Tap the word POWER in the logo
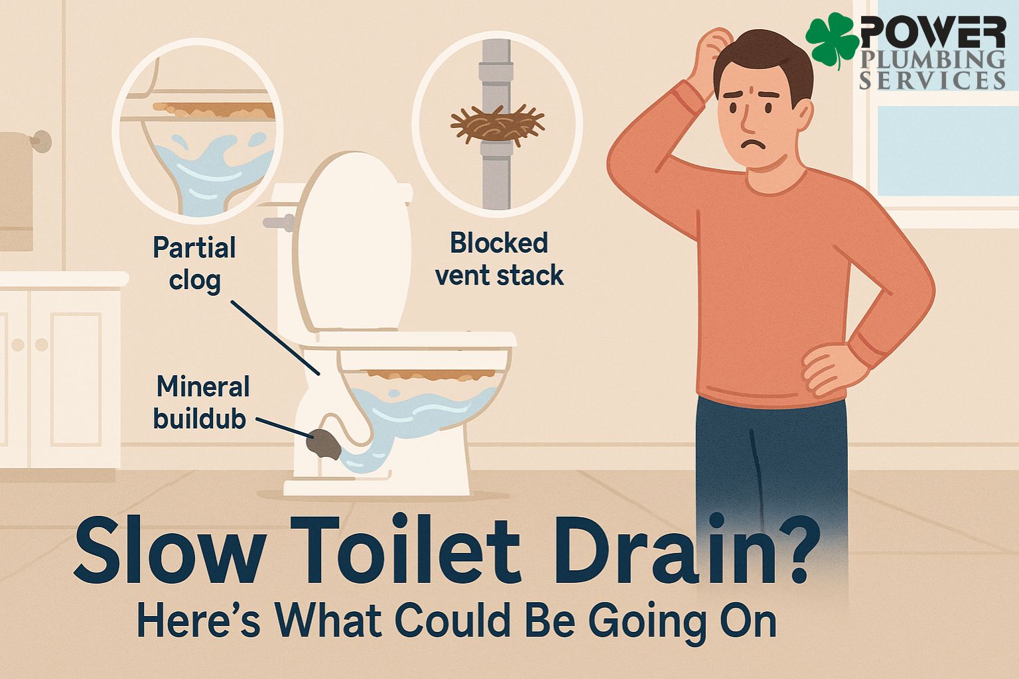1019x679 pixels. (933, 32)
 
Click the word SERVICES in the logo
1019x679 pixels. (932, 80)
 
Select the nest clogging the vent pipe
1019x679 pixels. (497, 123)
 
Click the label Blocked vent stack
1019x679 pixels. (499, 259)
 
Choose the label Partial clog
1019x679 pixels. (194, 264)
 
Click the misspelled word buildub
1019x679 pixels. (199, 419)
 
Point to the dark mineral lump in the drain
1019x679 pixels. (324, 444)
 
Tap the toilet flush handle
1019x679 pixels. (279, 222)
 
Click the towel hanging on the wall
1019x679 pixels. (16, 191)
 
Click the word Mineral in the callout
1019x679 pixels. (204, 387)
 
